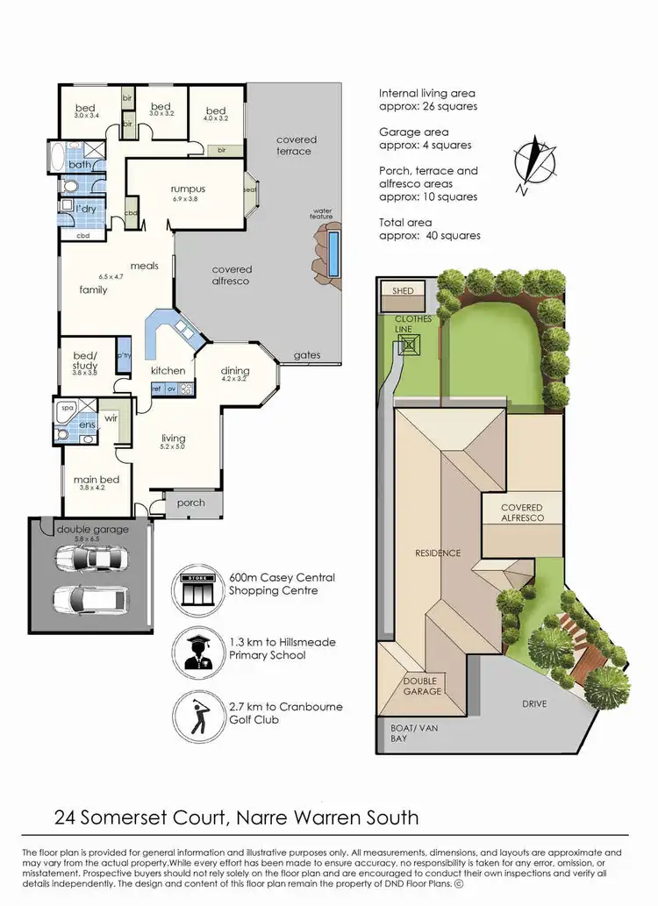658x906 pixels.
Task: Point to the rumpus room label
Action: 188,189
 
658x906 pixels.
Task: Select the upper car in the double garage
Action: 89,558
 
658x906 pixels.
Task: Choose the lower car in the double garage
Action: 89,599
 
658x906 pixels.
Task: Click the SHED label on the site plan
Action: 402,290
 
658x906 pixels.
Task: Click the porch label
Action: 190,503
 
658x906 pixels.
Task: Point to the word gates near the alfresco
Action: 307,355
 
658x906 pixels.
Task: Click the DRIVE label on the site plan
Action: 533,704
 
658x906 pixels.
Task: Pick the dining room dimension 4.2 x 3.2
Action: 235,380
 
